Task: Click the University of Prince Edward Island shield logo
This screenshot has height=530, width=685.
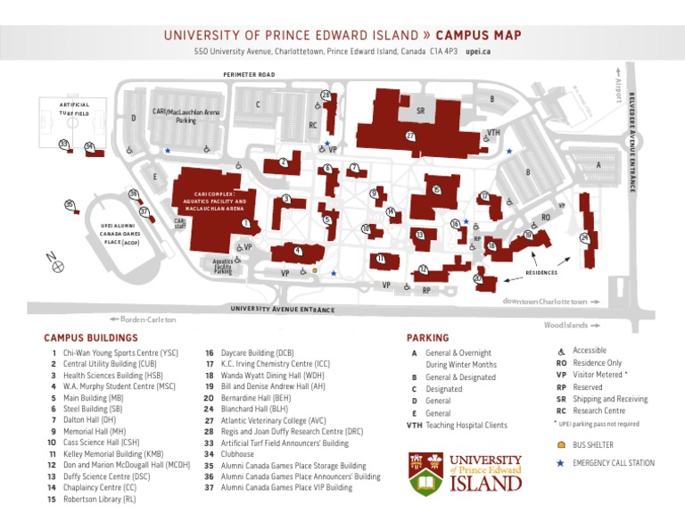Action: coord(427,474)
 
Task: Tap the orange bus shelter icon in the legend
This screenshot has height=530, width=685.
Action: coord(560,444)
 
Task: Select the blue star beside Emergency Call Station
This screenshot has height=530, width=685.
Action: coord(560,463)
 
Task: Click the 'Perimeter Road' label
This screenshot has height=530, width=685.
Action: coord(249,75)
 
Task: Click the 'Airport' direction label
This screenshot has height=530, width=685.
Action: coord(617,86)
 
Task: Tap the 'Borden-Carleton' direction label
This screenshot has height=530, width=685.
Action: coord(143,319)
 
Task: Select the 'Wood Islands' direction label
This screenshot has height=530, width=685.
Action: coord(566,325)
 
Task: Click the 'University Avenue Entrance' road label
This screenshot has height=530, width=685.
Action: coord(283,310)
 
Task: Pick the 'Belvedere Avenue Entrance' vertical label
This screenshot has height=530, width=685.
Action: coord(631,143)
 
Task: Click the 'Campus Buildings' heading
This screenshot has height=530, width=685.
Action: coord(91,338)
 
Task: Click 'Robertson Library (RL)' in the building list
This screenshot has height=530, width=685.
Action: coord(98,501)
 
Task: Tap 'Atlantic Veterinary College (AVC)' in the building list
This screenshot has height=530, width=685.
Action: coord(273,419)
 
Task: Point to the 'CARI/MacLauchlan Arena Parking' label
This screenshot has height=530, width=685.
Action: coord(186,116)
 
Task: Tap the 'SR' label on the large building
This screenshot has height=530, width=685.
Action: coord(419,112)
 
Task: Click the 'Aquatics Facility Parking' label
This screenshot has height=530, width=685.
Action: coord(222,266)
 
